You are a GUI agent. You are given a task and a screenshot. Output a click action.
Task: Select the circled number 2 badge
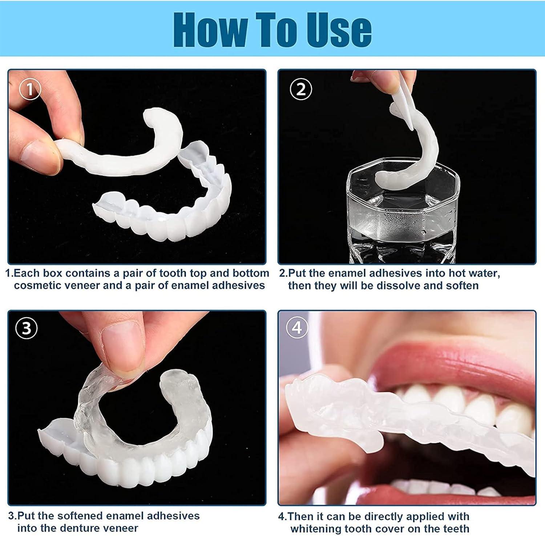[300, 89]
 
